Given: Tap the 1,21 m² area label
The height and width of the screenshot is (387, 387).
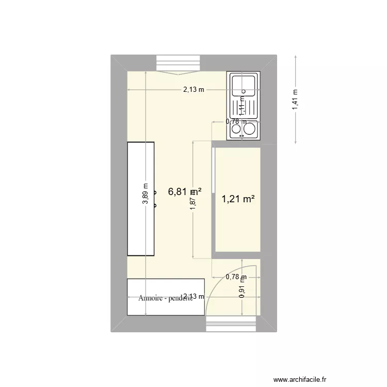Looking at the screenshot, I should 238,199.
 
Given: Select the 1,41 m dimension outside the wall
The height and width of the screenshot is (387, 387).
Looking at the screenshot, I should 295,100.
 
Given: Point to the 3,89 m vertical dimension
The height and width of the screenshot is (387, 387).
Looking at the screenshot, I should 146,195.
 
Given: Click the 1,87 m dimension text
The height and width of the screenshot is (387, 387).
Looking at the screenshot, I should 193,200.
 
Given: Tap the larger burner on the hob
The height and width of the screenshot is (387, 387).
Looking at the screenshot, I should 251,128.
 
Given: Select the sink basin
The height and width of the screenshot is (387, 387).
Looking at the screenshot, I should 244,85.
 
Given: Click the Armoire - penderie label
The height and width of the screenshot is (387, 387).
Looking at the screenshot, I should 165,298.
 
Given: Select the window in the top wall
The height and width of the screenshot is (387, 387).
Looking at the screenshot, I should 179,63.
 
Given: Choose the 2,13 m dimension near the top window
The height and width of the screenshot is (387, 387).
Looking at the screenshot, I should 193,90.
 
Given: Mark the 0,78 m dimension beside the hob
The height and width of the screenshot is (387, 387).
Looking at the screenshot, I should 236,122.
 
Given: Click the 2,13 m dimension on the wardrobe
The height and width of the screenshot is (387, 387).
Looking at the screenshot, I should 194,296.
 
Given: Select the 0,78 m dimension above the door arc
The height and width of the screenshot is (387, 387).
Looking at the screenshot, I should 236,277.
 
